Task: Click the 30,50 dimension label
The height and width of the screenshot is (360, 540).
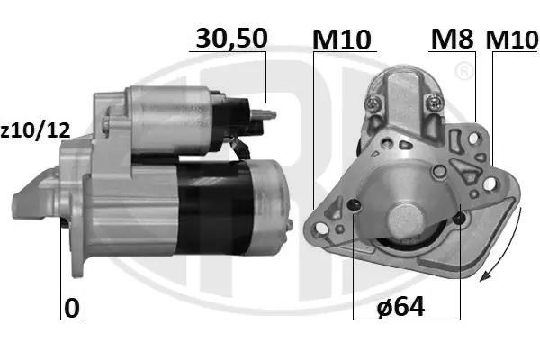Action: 231,39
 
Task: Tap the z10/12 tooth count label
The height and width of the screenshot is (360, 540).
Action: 35,130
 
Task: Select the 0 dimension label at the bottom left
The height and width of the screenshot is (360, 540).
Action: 72,309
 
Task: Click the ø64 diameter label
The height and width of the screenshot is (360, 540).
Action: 400,307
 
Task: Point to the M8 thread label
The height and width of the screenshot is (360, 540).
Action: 452,39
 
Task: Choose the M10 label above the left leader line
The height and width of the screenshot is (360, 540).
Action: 342,40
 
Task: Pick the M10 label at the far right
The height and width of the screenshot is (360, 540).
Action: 512,40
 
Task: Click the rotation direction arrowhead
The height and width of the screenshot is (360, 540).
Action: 485,276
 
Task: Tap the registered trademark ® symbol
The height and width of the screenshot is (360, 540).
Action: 463,71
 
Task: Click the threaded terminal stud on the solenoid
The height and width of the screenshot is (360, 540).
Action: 265,114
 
